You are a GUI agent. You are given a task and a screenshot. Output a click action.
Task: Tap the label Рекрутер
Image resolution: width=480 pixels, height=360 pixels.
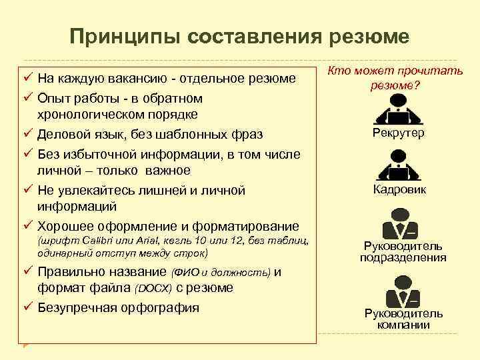tap(399, 133)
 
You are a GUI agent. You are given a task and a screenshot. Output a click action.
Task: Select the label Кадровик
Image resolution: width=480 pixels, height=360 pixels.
tap(399, 190)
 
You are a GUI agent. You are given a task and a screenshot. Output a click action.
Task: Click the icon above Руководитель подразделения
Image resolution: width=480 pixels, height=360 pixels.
tap(399, 223)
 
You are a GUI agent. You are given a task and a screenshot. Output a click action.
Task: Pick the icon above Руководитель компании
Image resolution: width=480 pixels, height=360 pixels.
tap(399, 287)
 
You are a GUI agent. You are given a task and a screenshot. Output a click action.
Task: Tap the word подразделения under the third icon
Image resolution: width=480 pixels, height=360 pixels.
tap(403, 257)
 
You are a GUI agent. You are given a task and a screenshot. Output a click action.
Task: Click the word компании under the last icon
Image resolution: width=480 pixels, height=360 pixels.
tap(403, 325)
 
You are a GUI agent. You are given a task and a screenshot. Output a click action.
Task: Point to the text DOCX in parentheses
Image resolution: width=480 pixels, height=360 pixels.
tap(153, 289)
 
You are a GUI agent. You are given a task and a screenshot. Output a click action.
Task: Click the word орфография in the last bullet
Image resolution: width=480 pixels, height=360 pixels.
tap(163, 307)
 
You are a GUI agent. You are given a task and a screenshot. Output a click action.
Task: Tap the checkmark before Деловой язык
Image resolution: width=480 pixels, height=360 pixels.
tap(28, 134)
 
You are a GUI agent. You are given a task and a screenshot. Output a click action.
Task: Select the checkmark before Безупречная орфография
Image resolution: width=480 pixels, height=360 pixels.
tap(28, 307)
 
